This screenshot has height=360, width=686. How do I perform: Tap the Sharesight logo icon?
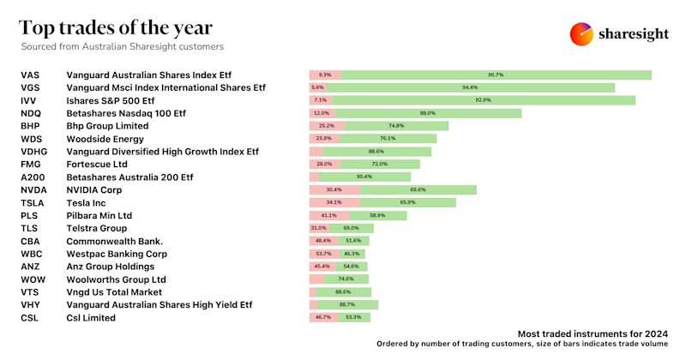click(582, 33)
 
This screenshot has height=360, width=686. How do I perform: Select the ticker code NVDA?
click(33, 189)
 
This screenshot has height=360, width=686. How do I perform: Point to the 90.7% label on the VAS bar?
click(496, 75)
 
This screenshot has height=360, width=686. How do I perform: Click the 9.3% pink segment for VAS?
click(325, 75)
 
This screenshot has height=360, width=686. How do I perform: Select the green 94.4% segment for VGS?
click(470, 87)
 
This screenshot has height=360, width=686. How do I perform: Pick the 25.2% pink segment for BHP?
click(327, 126)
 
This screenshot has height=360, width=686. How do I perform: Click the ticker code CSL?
click(30, 318)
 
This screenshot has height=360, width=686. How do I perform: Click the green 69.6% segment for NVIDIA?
click(418, 189)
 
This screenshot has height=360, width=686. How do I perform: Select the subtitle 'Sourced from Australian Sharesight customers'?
click(122, 46)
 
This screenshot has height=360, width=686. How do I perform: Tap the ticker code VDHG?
click(35, 151)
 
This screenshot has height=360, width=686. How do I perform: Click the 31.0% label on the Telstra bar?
click(318, 228)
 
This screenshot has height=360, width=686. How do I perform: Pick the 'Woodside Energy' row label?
click(105, 139)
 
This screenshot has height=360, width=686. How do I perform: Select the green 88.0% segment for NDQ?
click(427, 113)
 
